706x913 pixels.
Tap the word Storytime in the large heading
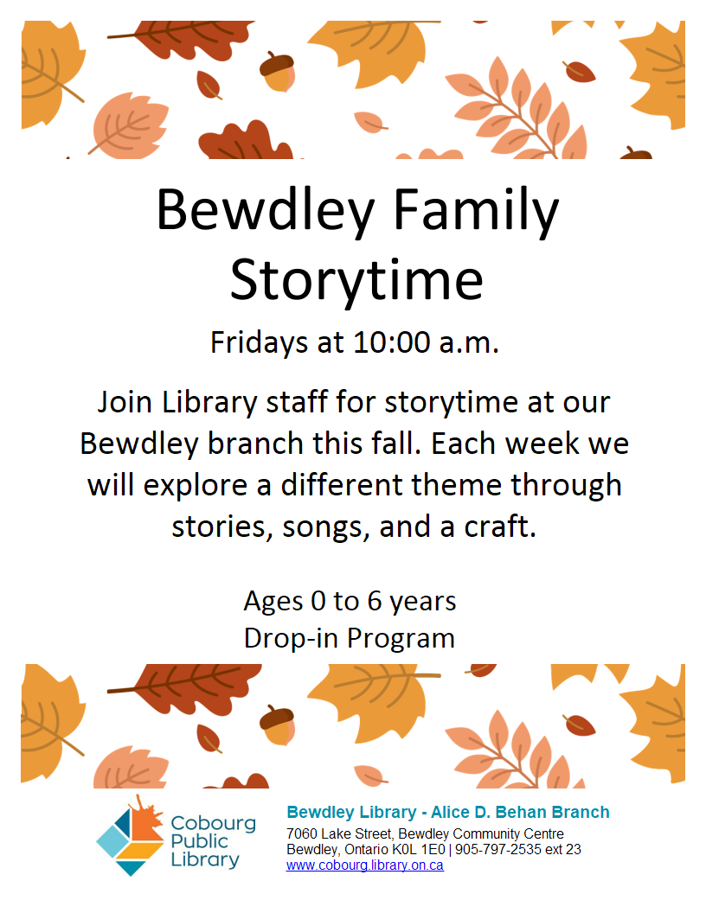356,281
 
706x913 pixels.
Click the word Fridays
259,343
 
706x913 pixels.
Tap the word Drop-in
292,638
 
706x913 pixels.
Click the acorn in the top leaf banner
277,72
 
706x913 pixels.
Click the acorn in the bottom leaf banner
277,725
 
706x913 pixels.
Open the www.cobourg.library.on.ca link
364,865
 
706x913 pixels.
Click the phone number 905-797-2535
498,850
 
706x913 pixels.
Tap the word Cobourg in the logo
213,823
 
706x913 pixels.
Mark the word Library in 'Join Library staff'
209,403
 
